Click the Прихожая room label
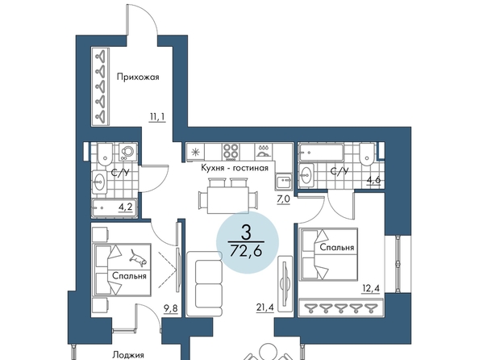(138, 77)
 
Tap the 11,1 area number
(157, 117)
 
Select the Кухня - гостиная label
(235, 168)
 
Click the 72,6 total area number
(246, 251)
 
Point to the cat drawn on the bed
(138, 257)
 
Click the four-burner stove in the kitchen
(231, 152)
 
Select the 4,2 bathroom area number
(126, 207)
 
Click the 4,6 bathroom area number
(373, 180)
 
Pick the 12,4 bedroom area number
(371, 288)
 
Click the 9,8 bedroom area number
(171, 309)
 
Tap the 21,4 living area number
(264, 306)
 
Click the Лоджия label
(128, 355)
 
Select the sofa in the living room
(204, 284)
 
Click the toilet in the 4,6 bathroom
(367, 154)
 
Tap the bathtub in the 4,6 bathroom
(322, 152)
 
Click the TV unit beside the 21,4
(285, 283)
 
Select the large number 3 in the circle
(246, 232)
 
